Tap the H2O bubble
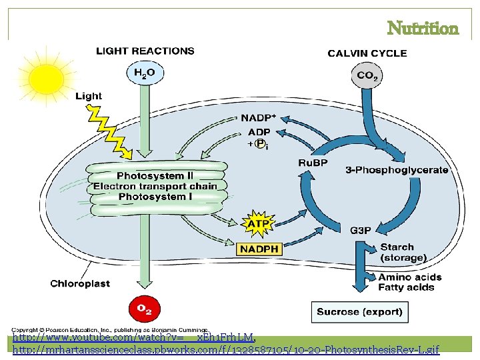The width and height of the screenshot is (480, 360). [x=145, y=73]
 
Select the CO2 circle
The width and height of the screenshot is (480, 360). [x=367, y=75]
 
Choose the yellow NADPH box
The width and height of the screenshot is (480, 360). [x=259, y=249]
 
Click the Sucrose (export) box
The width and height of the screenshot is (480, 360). [x=359, y=311]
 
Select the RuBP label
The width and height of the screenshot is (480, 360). [x=312, y=163]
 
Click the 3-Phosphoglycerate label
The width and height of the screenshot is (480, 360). [x=397, y=170]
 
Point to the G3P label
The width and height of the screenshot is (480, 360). [x=361, y=231]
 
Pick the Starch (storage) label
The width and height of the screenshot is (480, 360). [x=403, y=252]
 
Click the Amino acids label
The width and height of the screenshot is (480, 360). [x=409, y=277]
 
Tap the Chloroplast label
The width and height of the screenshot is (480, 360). [x=80, y=283]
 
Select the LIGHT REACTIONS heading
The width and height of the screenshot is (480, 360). [x=145, y=51]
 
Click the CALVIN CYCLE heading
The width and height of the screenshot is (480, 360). [x=367, y=53]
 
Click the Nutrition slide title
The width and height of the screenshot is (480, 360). [x=423, y=29]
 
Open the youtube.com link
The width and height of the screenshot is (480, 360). [x=133, y=338]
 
